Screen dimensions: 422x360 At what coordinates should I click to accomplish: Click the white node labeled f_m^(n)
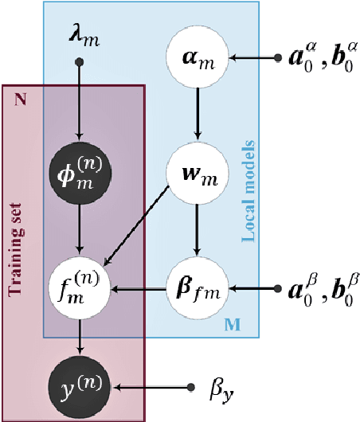[78, 285]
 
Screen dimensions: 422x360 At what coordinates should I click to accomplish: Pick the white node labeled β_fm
[200, 285]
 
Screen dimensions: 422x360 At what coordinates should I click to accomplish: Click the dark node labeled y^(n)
[78, 388]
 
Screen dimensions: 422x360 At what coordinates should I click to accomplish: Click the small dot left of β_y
[190, 388]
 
